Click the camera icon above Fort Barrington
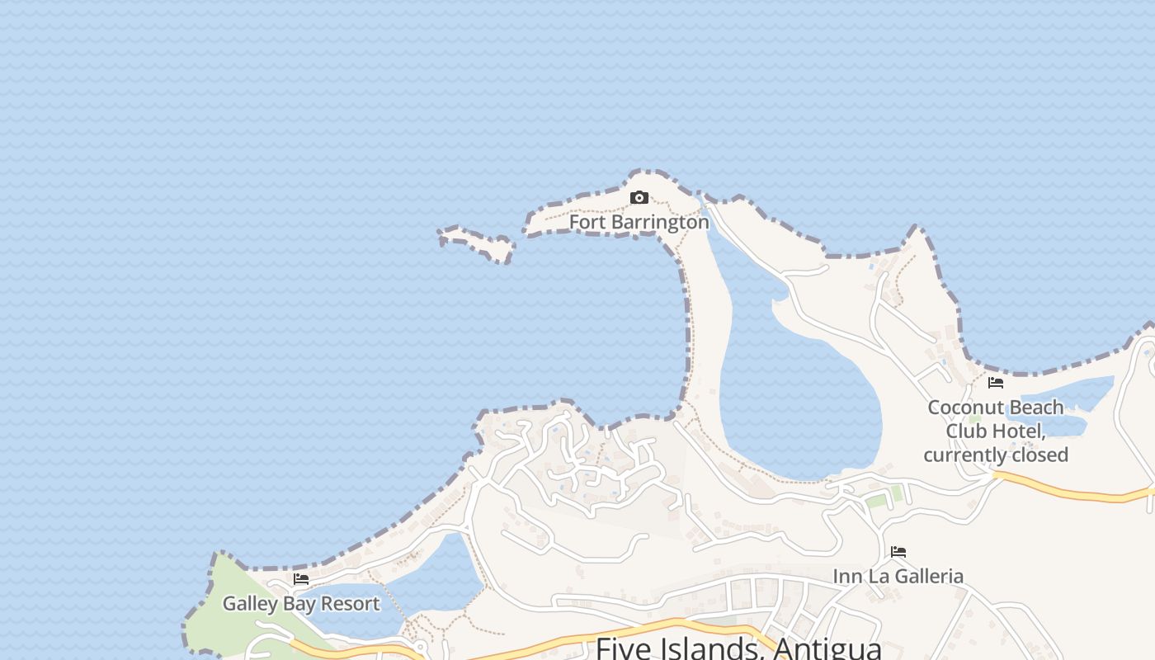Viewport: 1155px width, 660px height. coord(639,198)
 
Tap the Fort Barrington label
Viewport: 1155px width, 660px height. coord(639,222)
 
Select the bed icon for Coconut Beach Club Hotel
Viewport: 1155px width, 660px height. coord(996,383)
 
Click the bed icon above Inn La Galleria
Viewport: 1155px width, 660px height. coord(898,552)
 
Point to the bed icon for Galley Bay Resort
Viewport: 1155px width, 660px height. coord(301,579)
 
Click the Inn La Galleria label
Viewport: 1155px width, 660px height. coord(898,576)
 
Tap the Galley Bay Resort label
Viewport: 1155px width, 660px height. coord(301,603)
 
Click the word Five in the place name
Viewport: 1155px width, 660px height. coord(625,648)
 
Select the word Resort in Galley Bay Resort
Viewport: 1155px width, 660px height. coord(351,603)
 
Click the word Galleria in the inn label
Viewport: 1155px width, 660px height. coord(925,576)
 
